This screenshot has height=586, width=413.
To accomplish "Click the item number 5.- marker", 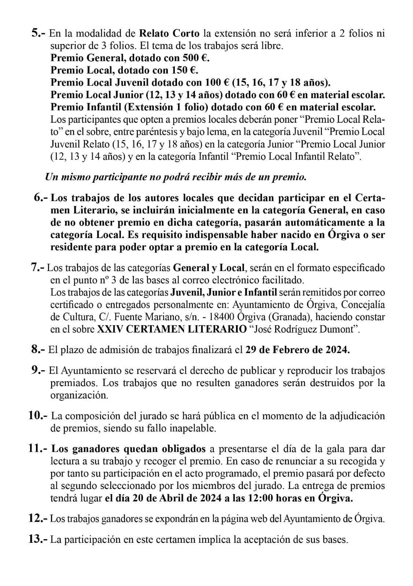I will (38, 34).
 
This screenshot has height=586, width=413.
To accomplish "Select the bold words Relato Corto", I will (169, 34).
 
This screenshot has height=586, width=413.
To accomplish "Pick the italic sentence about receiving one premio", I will (175, 177).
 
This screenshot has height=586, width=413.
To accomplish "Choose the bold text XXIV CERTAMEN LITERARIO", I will (172, 329).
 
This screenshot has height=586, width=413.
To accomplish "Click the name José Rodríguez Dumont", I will (304, 329).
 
